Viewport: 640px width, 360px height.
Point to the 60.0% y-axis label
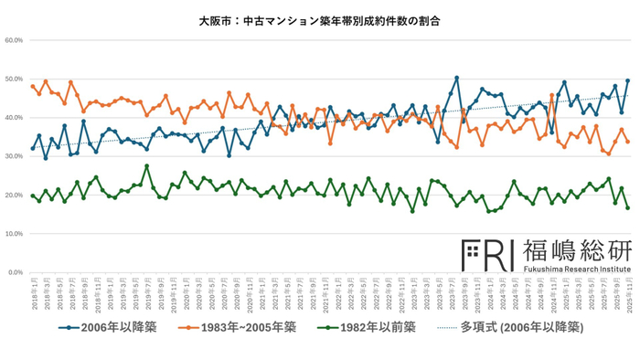[x=14, y=40]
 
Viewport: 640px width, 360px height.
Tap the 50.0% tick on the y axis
[x=14, y=79]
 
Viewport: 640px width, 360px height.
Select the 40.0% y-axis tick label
[x=14, y=118]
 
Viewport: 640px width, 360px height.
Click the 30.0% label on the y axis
[x=14, y=156]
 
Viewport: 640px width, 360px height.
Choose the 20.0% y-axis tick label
[x=14, y=196]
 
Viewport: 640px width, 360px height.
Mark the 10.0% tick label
[x=14, y=234]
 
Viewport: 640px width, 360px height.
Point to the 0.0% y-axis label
[x=16, y=272]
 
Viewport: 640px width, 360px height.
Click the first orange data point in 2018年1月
[x=33, y=87]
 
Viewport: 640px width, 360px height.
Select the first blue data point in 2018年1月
[x=33, y=148]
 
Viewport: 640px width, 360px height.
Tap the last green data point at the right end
[x=627, y=207]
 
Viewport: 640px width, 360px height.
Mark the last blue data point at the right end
[x=627, y=81]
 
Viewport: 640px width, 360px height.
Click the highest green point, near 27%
[x=146, y=166]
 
